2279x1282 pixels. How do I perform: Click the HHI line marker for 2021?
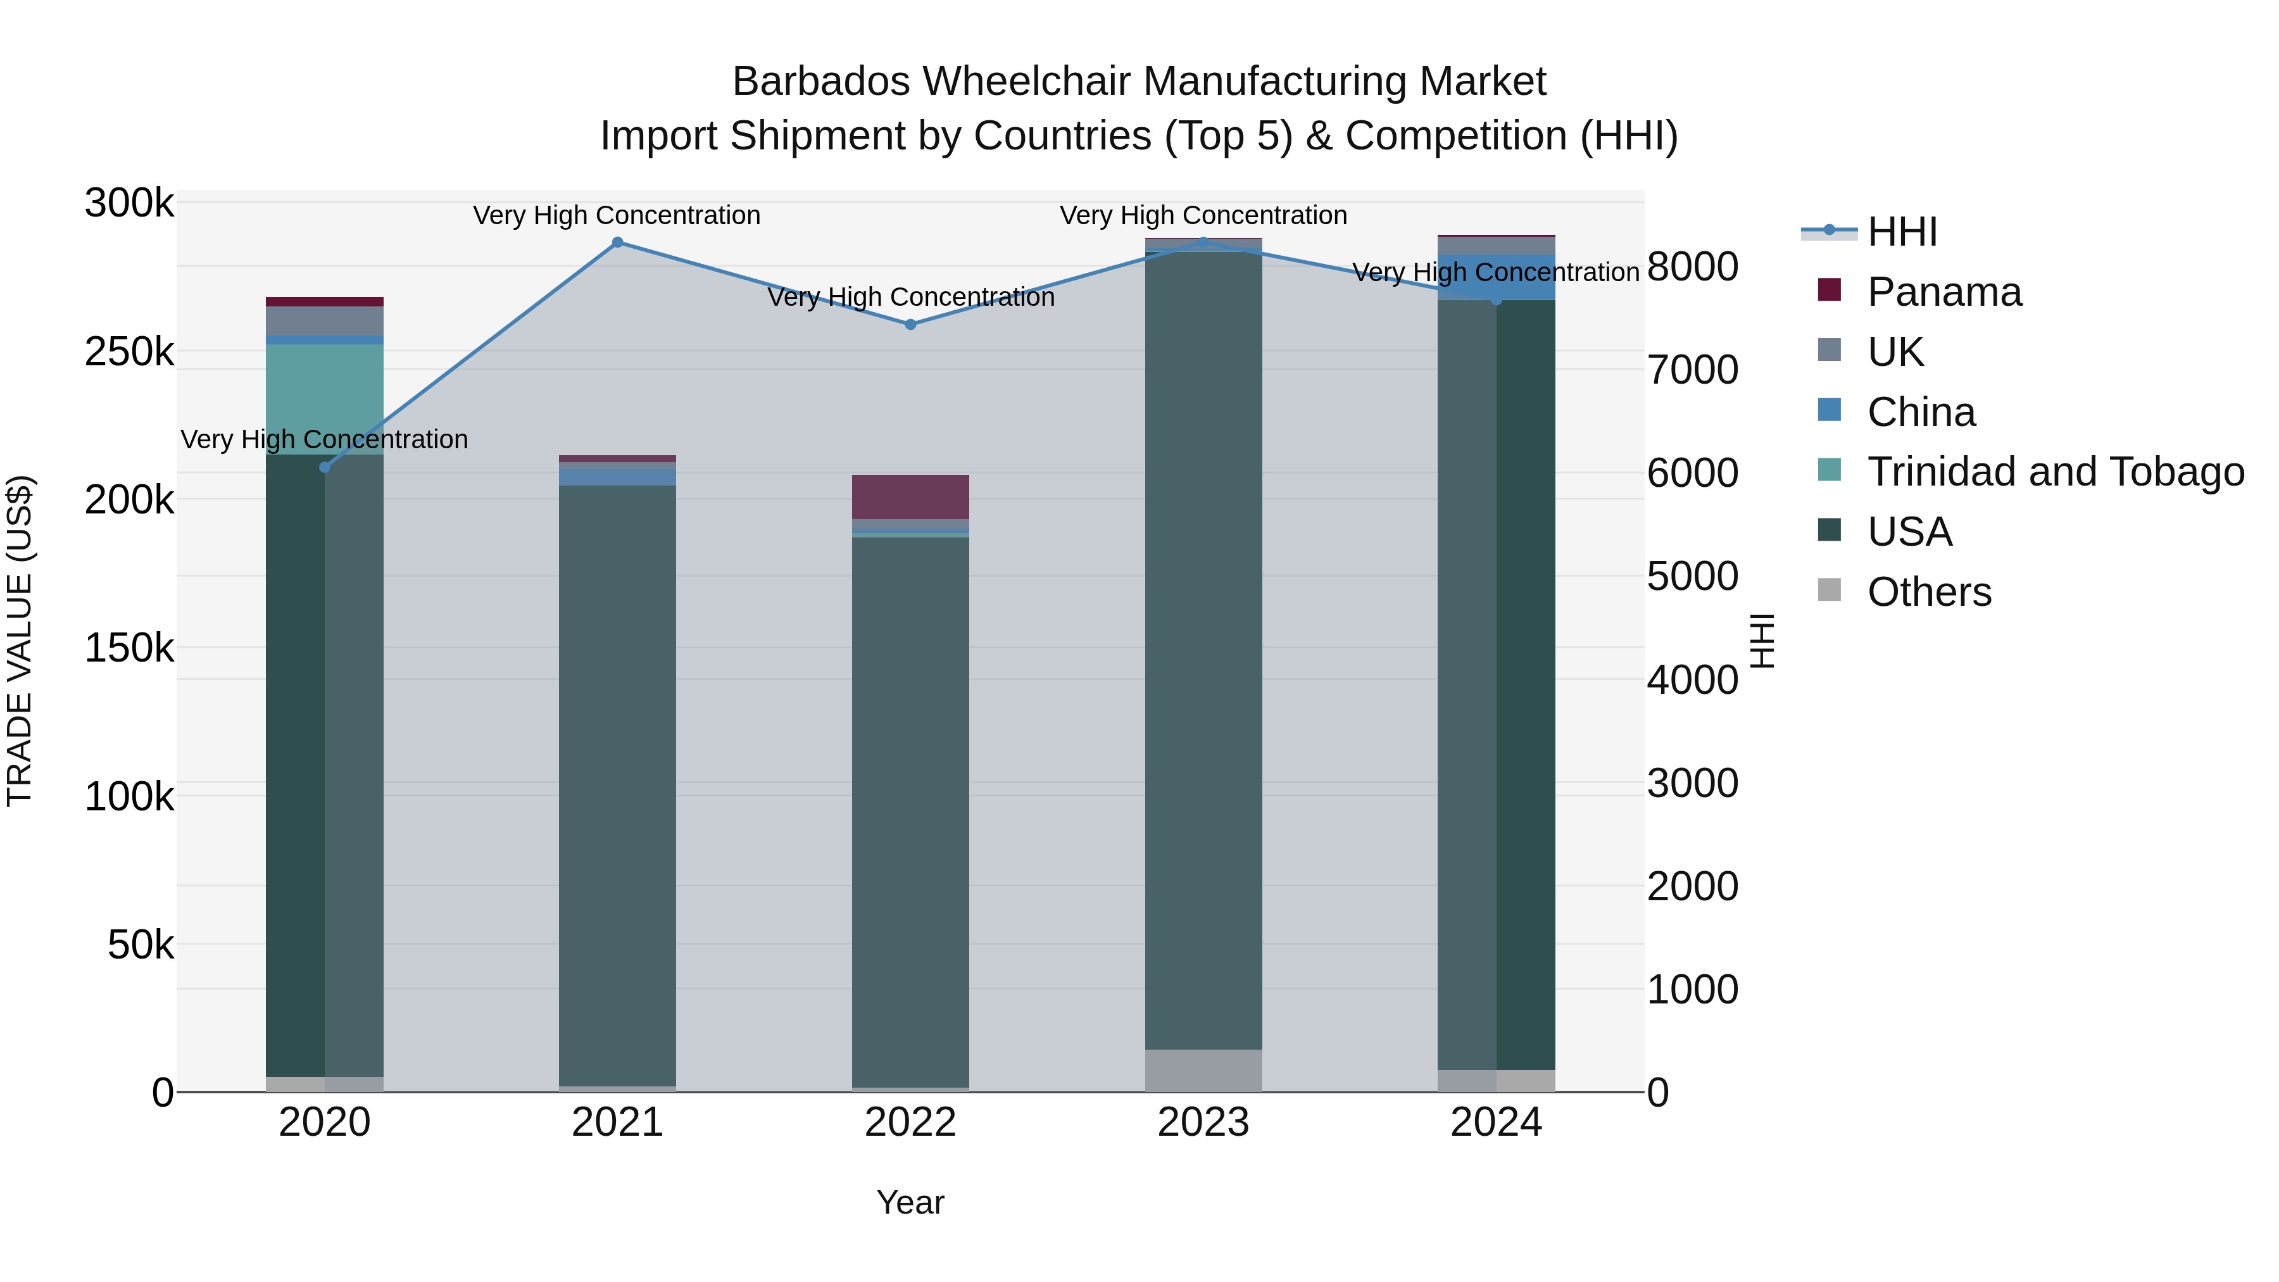(x=617, y=242)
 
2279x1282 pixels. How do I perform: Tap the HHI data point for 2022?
(x=910, y=325)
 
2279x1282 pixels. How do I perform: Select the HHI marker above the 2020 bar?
(x=325, y=467)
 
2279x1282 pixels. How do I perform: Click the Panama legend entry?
(x=1943, y=292)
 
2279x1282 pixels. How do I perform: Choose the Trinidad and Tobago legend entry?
(x=2055, y=472)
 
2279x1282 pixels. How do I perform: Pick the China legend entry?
(x=1921, y=412)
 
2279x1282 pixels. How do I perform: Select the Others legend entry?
(x=1929, y=592)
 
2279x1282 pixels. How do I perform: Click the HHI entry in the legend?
(x=1902, y=232)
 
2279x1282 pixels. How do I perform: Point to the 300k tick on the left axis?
(x=129, y=203)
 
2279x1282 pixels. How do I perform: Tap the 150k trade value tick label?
(x=129, y=648)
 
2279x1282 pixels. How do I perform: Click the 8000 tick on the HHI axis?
(x=1692, y=267)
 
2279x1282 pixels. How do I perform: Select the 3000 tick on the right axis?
(x=1692, y=783)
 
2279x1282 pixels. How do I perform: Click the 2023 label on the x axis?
(x=1203, y=1122)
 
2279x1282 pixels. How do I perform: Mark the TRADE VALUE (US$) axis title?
(x=20, y=641)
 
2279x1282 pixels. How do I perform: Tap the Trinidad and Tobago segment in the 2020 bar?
(x=325, y=398)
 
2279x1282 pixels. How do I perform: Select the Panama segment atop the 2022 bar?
(x=910, y=497)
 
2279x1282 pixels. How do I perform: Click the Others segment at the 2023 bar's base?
(x=1203, y=1071)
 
